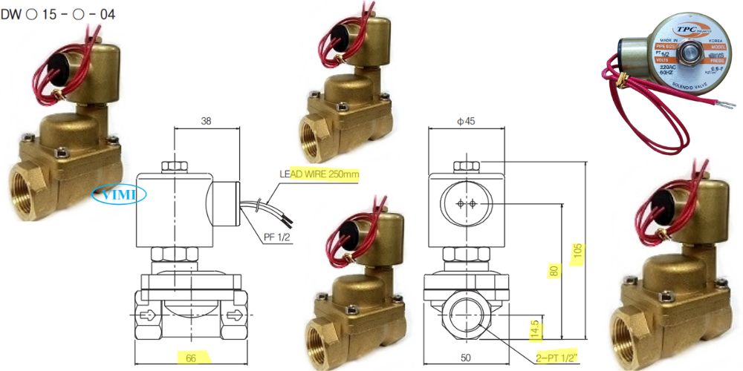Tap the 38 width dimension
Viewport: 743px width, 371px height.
tap(207, 121)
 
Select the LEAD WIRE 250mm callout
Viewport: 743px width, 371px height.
tap(319, 175)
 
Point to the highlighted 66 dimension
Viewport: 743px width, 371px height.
tap(191, 358)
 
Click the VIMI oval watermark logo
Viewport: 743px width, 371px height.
tap(119, 194)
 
